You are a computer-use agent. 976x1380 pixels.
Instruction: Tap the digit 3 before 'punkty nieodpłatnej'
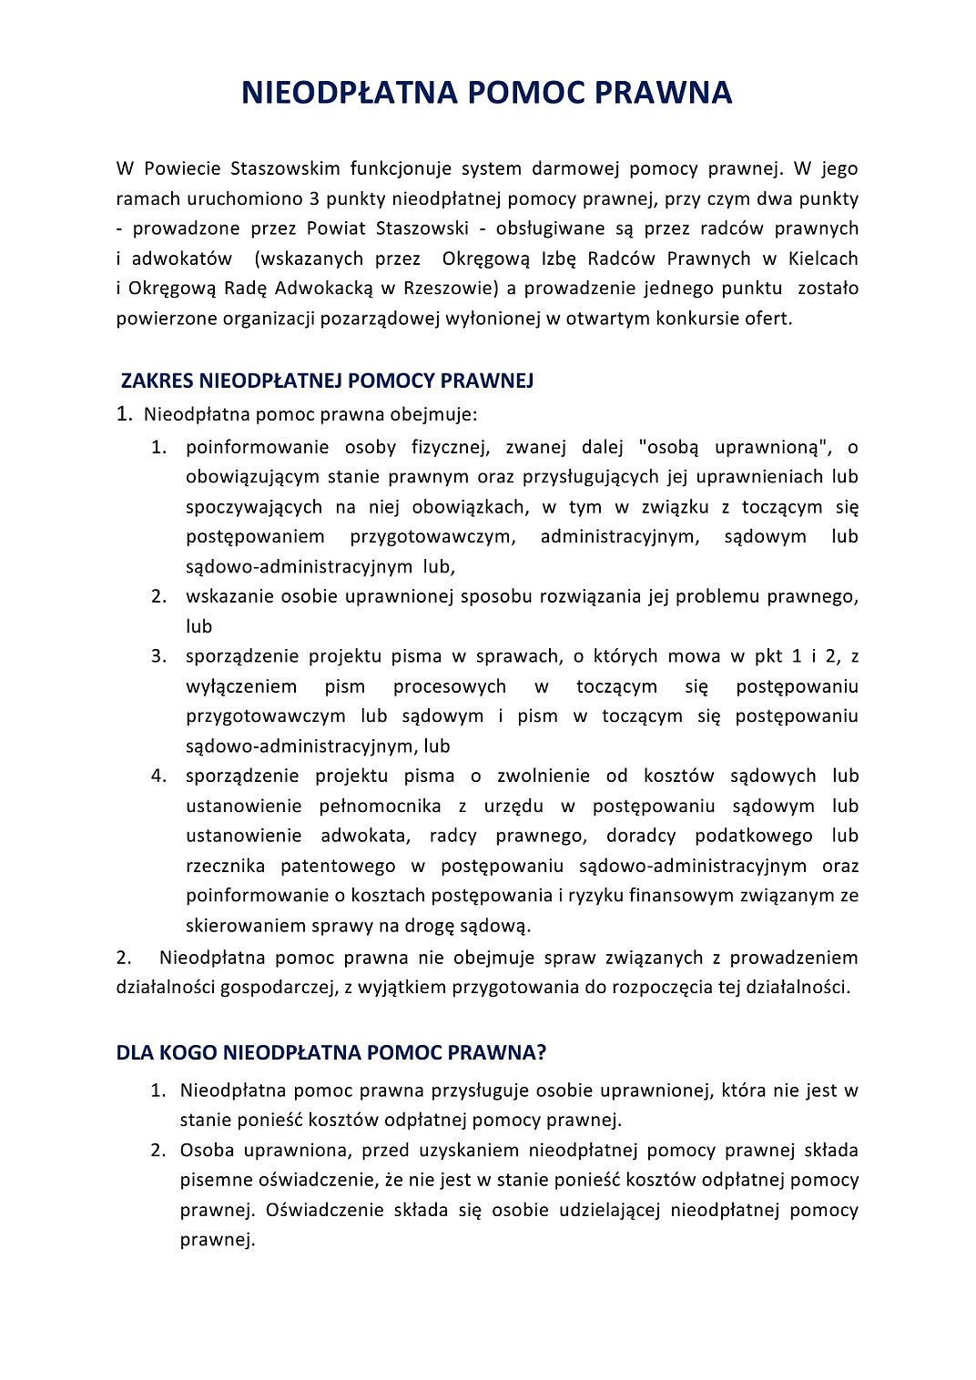pyautogui.click(x=313, y=198)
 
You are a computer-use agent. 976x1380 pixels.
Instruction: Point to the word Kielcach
pyautogui.click(x=823, y=259)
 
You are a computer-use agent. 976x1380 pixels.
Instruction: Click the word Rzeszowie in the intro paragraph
pyautogui.click(x=450, y=289)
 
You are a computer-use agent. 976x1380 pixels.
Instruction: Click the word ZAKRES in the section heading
pyautogui.click(x=157, y=381)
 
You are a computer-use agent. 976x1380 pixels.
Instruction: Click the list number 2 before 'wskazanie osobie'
pyautogui.click(x=158, y=596)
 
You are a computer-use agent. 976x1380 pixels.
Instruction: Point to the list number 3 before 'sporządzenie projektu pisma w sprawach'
pyautogui.click(x=158, y=656)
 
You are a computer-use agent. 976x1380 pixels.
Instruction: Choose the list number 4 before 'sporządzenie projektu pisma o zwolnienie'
pyautogui.click(x=158, y=776)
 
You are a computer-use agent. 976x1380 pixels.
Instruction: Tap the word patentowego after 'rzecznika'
pyautogui.click(x=338, y=866)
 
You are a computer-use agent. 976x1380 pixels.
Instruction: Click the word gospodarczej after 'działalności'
pyautogui.click(x=278, y=988)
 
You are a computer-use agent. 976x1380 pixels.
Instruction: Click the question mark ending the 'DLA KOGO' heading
pyautogui.click(x=542, y=1053)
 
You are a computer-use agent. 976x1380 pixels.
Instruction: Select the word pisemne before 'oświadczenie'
pyautogui.click(x=215, y=1181)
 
